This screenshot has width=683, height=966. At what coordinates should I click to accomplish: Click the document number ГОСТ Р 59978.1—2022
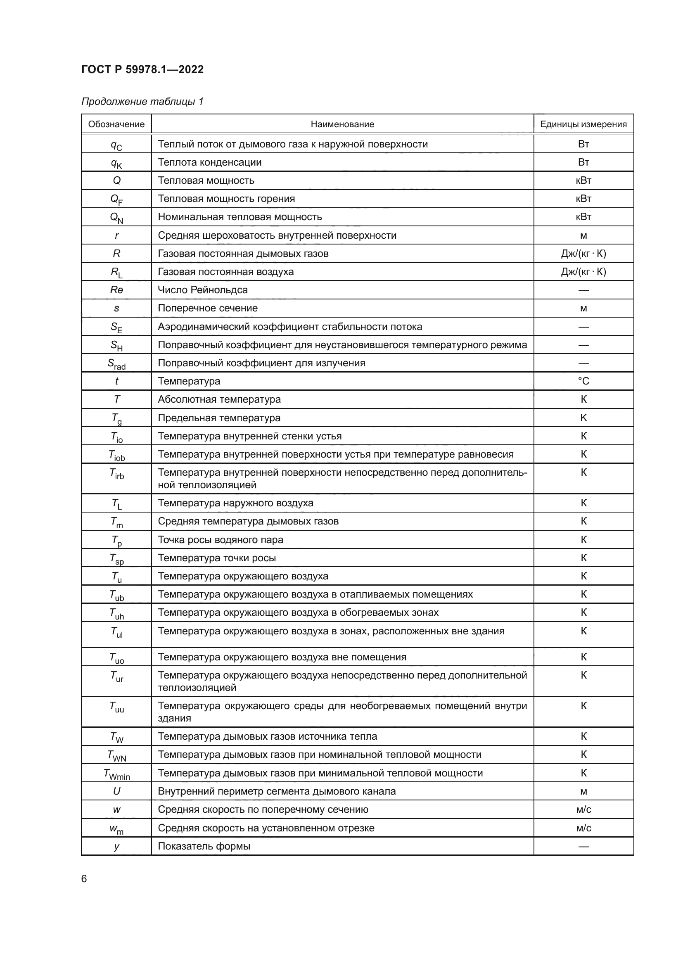coord(142,69)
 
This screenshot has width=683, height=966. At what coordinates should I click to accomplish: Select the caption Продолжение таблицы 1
coord(142,102)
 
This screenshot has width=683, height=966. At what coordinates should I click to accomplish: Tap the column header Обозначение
coord(116,124)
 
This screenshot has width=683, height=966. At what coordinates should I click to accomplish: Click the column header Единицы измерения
coord(583,124)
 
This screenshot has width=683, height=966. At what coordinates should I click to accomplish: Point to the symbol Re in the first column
coord(116,290)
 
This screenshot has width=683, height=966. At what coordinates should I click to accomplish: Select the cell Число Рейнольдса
coord(203,290)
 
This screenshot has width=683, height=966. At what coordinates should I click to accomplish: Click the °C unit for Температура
coord(583,381)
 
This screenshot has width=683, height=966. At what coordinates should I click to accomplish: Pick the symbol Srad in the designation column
coord(116,364)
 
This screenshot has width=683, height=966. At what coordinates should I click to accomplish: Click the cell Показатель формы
coord(204,846)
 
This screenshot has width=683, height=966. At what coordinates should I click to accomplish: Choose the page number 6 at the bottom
coord(84,879)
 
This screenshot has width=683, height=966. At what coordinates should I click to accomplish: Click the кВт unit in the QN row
coord(583,217)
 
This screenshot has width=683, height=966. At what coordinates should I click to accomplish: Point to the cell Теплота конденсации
coord(209,162)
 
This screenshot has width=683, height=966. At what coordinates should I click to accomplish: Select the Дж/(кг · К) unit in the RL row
coord(583,272)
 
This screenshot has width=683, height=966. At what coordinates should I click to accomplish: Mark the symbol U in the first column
coord(116,791)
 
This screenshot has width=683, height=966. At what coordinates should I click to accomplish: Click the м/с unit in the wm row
coord(583,828)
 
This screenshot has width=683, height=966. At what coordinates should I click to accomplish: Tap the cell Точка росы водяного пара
coord(221,540)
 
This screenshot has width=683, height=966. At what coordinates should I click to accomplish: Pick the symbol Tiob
coord(116,455)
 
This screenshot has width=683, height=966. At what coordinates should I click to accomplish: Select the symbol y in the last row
coord(116,846)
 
